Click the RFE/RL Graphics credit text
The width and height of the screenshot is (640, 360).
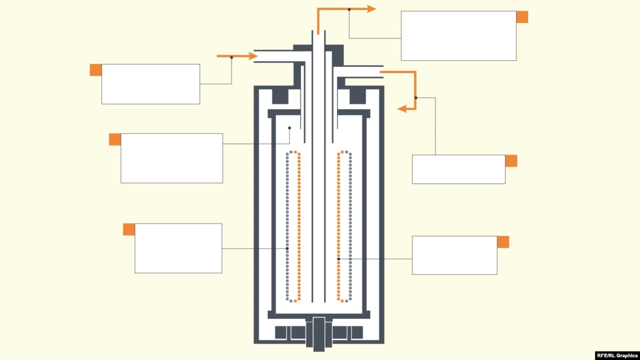tap(617, 355)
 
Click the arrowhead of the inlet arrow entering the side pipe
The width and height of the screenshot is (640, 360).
tap(253, 56)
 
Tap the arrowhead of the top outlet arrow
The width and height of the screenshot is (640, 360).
tap(371, 9)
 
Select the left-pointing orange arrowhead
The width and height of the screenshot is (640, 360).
tap(402, 109)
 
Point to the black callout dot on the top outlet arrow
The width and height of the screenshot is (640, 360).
tap(349, 10)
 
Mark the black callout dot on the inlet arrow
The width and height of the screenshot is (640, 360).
tap(231, 58)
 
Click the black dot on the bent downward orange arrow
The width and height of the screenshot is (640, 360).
tap(415, 98)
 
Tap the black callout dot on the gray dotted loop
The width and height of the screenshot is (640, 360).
tap(287, 249)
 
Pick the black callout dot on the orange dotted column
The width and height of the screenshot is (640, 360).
tap(339, 259)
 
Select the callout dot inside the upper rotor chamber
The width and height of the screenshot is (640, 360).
tap(290, 128)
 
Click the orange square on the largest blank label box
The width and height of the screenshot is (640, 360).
tap(522, 17)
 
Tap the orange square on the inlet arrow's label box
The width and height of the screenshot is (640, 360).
tap(95, 70)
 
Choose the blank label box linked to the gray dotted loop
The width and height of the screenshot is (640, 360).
tap(178, 249)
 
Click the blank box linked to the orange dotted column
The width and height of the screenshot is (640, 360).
tap(454, 255)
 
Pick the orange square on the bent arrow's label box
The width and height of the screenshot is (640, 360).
tap(511, 161)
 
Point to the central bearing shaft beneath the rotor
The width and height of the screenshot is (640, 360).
tap(319, 334)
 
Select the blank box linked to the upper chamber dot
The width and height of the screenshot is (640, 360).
tap(172, 158)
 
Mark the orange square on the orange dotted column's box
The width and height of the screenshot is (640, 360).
tap(503, 242)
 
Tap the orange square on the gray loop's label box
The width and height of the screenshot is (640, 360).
tap(129, 229)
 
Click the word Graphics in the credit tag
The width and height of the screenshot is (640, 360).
tap(627, 355)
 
